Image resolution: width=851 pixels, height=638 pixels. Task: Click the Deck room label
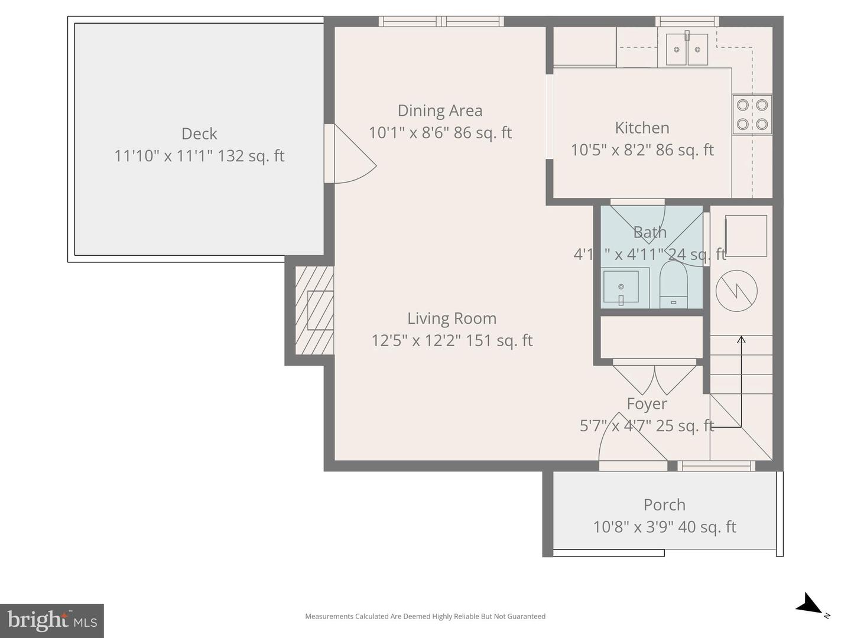coord(199,134)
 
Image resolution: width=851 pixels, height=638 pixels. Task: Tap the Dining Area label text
coord(440,111)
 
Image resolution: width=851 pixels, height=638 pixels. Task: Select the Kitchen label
coord(642,128)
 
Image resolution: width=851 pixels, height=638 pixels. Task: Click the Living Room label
coord(452,318)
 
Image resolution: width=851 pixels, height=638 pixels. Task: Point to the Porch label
coord(664,505)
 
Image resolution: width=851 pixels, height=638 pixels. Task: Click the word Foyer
coord(647,404)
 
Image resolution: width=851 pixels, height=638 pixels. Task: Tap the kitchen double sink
coord(687,50)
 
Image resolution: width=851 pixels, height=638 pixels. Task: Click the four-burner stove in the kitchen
coord(752,115)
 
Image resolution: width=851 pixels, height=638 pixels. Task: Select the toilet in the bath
coord(674,285)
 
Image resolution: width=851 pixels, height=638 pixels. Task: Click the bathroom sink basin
coord(621,287)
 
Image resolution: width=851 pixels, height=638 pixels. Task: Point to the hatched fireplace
coord(314,310)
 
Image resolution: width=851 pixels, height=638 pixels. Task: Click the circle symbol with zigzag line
coord(736,291)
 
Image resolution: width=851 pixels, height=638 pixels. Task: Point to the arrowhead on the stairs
coord(741,340)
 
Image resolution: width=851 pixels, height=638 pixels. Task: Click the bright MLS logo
coord(52,620)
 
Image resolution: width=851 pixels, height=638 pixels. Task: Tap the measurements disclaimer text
coord(425,616)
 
